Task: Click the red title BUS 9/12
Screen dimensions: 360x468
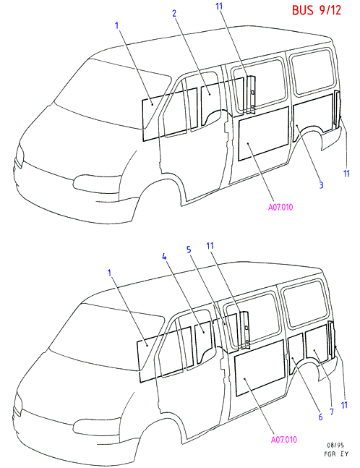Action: (316, 10)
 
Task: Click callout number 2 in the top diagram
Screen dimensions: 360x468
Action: (174, 14)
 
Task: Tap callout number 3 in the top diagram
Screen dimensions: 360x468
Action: (321, 185)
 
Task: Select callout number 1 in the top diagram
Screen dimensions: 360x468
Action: (117, 25)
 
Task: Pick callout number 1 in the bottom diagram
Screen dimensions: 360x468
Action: (109, 273)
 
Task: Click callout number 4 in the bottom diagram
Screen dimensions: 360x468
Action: (164, 257)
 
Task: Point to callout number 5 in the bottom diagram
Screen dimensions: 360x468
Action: (189, 250)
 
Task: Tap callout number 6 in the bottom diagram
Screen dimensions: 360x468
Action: (320, 417)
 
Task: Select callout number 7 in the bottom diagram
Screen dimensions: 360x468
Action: (332, 412)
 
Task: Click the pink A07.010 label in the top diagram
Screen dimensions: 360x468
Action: (280, 207)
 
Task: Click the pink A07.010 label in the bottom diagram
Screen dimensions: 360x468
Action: (283, 440)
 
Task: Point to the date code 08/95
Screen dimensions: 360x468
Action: (335, 446)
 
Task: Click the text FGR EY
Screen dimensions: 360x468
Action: (336, 454)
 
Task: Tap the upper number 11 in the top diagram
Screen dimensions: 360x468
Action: (219, 6)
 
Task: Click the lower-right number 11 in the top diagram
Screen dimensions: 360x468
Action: (346, 174)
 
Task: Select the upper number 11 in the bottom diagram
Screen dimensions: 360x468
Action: (210, 246)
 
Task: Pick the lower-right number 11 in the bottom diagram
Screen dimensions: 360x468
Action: (344, 405)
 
